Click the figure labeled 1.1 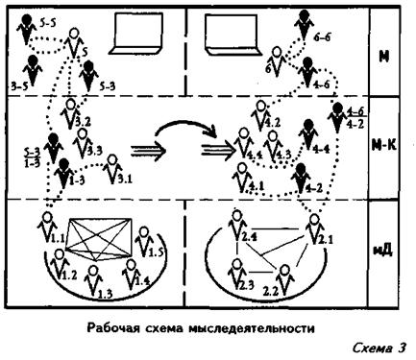pyautogui.click(x=48, y=227)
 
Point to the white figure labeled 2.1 pyautogui.click(x=313, y=228)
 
